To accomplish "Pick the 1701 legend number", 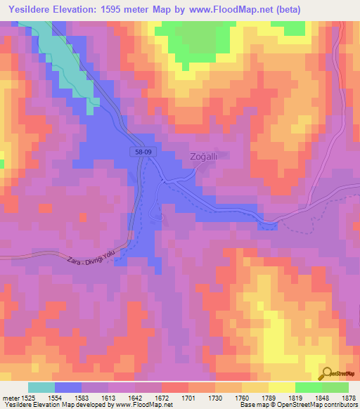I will [x=188, y=398].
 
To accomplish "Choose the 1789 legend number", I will [x=269, y=398].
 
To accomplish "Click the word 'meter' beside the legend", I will [x=9, y=398].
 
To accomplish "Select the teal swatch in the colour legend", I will [x=41, y=387].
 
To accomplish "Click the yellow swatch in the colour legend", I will [x=282, y=387].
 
